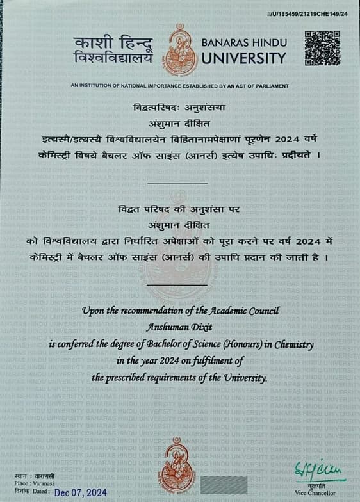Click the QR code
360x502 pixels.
click(322, 47)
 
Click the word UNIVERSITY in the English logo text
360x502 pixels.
click(244, 58)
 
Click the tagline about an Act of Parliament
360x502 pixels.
click(179, 86)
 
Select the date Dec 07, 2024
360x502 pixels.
click(80, 492)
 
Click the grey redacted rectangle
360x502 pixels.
click(224, 485)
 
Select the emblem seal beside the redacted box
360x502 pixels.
click(177, 466)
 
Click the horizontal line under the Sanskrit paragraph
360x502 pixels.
click(177, 184)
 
